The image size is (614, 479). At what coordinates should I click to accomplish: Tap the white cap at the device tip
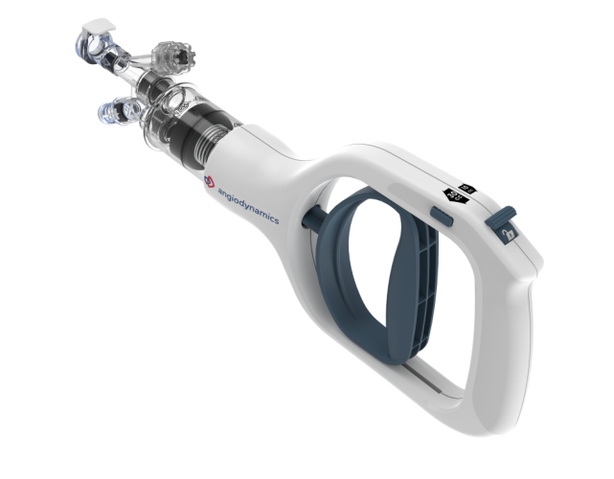pos(96,21)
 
